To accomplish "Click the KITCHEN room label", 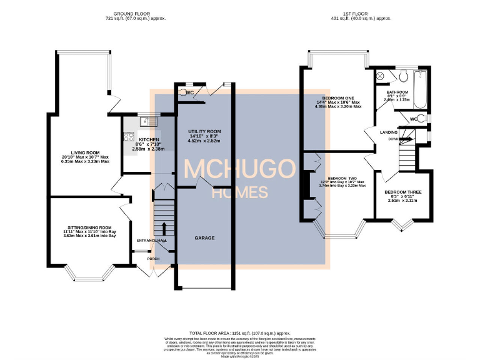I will click(149, 139).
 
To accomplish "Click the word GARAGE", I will click(204, 239).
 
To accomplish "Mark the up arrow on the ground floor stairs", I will click(164, 226).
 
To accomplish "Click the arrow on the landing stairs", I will click(405, 139).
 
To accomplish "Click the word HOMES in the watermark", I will click(239, 192).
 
